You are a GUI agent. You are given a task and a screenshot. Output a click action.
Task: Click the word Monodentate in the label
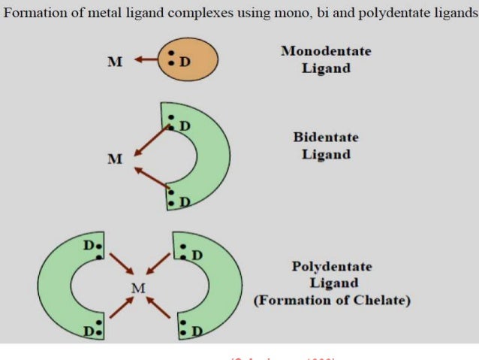pyautogui.click(x=326, y=51)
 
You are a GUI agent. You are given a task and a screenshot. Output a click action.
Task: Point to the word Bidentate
pyautogui.click(x=326, y=138)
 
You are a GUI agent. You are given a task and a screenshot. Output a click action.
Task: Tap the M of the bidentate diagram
pyautogui.click(x=114, y=159)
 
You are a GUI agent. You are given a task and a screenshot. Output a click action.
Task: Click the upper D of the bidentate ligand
pyautogui.click(x=185, y=125)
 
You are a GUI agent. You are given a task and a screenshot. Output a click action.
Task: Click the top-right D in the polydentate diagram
pyautogui.click(x=197, y=255)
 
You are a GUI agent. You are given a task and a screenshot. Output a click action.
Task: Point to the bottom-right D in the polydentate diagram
pyautogui.click(x=197, y=331)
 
